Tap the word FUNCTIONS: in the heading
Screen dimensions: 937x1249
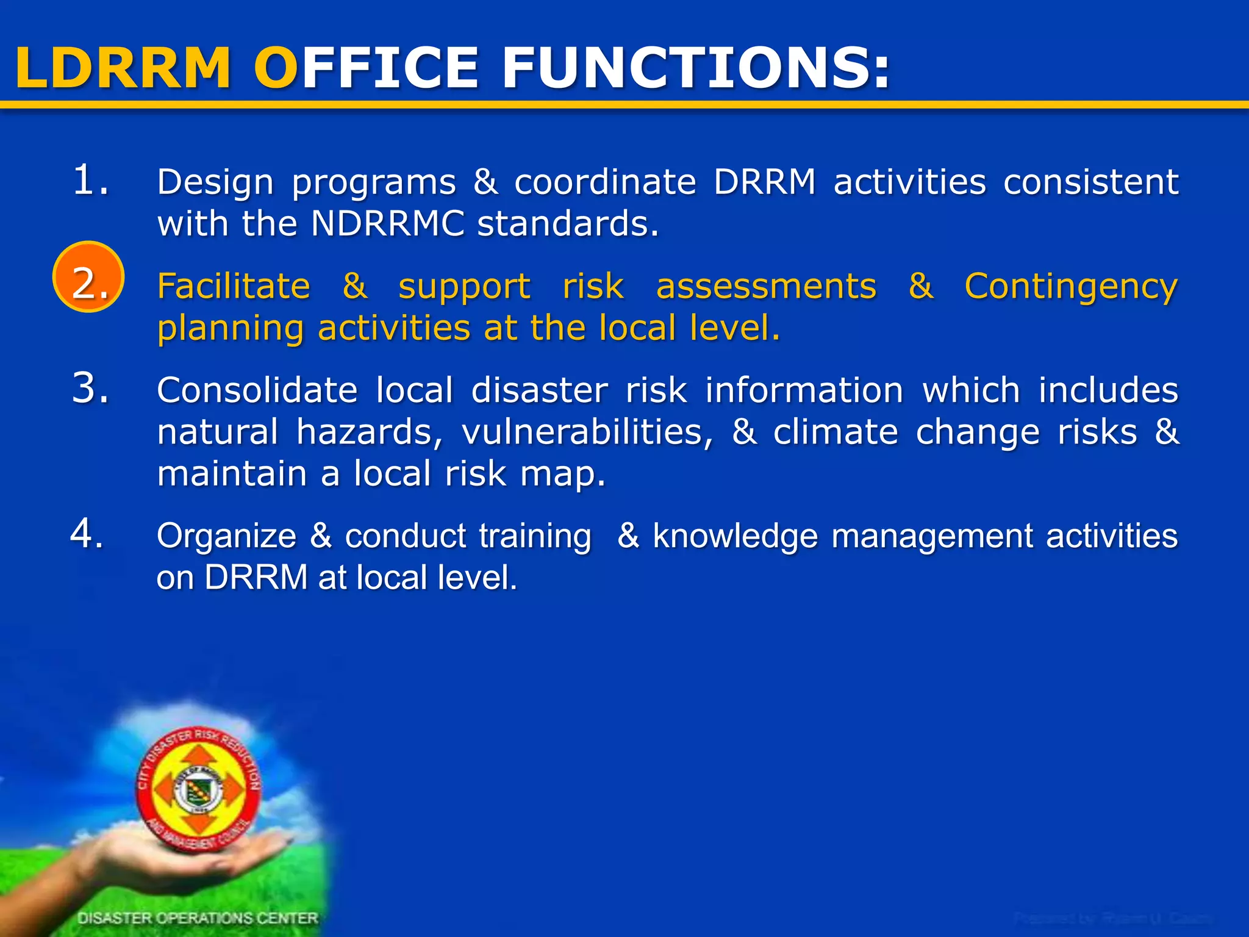click(695, 68)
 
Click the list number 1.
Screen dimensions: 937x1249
click(90, 181)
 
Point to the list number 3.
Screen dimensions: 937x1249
click(90, 388)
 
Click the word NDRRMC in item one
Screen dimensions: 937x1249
click(388, 223)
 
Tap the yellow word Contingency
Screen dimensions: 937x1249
click(1071, 287)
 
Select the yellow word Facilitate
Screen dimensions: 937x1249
click(234, 286)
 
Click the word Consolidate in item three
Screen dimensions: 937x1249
click(257, 390)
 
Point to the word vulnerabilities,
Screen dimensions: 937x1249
click(587, 433)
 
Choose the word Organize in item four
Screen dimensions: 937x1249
click(226, 537)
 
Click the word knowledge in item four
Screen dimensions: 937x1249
click(735, 537)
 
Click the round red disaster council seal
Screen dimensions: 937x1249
click(198, 789)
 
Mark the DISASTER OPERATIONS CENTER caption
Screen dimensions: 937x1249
click(198, 918)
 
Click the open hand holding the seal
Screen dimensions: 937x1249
click(183, 854)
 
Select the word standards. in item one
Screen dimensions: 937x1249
click(568, 223)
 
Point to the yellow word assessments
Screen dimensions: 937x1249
click(766, 286)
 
